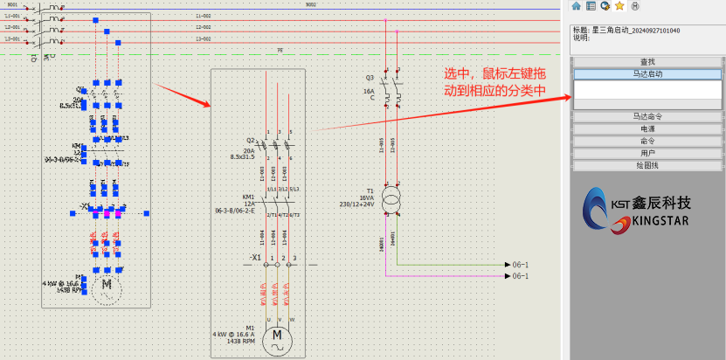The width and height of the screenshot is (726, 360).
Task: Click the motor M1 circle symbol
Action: tap(278, 335)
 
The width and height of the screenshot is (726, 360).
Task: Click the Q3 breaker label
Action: tap(370, 78)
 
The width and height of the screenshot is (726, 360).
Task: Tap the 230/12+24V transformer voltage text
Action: tap(356, 204)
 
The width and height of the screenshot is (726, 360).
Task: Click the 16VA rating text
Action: tap(366, 197)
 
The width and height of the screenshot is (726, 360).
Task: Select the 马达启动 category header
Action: tap(647, 75)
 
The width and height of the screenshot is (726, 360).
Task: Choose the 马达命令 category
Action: tap(647, 115)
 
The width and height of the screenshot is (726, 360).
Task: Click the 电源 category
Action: tap(647, 128)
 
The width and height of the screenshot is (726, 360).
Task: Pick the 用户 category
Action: tap(647, 153)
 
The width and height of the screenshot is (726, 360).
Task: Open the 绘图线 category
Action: tap(647, 165)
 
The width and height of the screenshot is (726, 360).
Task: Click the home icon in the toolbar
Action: tap(577, 5)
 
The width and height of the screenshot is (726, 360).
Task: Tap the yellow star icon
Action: tap(619, 5)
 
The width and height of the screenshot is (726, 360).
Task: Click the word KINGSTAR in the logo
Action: tap(656, 221)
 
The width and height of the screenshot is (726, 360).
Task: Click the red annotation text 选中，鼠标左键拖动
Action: tap(494, 81)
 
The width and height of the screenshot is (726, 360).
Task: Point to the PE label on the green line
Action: tap(280, 51)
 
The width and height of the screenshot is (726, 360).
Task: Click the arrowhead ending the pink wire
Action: tap(507, 276)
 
